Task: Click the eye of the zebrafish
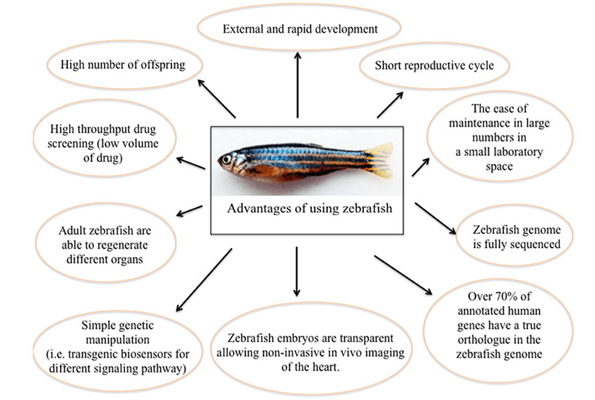[227, 159]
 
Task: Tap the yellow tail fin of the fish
[380, 161]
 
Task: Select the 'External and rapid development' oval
[299, 28]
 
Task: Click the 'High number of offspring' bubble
[122, 65]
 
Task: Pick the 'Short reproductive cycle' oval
[434, 65]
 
